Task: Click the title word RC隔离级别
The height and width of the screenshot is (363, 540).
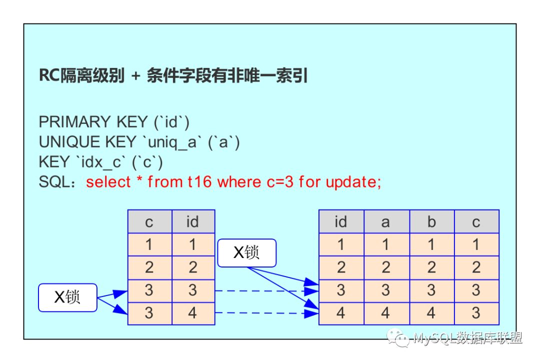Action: [x=81, y=76]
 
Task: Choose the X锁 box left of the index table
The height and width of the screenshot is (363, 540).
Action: [x=67, y=297]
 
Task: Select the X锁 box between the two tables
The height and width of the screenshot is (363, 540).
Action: [x=246, y=253]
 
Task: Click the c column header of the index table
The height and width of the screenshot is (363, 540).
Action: [x=149, y=221]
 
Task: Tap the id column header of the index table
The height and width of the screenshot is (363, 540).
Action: [x=192, y=221]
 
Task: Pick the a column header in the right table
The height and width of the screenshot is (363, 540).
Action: [x=385, y=221]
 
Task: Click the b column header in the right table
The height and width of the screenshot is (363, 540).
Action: [x=431, y=221]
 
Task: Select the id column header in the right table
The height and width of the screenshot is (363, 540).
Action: [x=341, y=221]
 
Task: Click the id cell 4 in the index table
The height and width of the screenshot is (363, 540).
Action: [x=192, y=313]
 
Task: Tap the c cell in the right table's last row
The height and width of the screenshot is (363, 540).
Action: [x=475, y=313]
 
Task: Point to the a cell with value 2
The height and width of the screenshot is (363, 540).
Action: [x=385, y=267]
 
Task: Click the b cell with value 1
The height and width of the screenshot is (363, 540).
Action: [x=431, y=244]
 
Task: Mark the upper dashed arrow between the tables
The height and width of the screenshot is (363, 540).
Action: [x=265, y=290]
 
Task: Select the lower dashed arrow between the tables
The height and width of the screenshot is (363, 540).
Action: [x=265, y=313]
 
